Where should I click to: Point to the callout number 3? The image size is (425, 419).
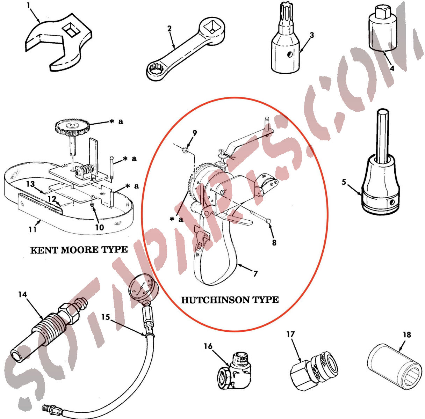click(x=311, y=35)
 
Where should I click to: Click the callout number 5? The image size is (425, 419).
click(x=344, y=182)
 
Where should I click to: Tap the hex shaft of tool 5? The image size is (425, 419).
click(x=383, y=135)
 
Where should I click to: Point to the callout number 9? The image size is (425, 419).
click(x=195, y=133)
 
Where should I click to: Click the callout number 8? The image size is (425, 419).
click(x=274, y=243)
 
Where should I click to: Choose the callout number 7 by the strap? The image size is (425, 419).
click(x=255, y=273)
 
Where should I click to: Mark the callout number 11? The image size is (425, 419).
click(x=33, y=229)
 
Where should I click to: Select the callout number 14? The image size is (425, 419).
click(x=22, y=294)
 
